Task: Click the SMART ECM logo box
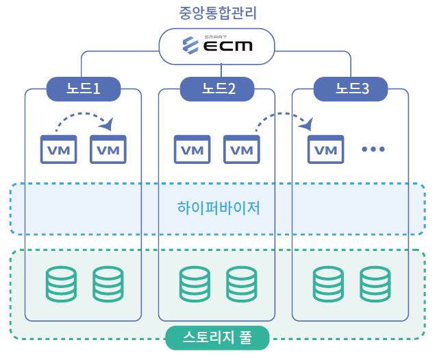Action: point(217,45)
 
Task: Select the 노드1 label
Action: point(84,88)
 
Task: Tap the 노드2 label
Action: point(217,88)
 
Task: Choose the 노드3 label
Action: point(351,88)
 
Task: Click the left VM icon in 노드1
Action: point(59,149)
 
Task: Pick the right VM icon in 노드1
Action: point(108,149)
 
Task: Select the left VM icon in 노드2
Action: point(192,149)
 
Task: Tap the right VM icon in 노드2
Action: point(242,149)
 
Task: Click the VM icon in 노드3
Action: point(326,149)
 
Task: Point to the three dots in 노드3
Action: point(374,149)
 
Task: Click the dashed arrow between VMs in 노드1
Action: point(84,118)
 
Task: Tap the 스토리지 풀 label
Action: point(217,337)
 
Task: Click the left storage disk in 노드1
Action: point(62,284)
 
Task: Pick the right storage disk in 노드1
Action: point(109,284)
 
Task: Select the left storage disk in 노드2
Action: point(195,284)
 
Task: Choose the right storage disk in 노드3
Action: point(375,284)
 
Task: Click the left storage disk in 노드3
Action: point(329,284)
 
